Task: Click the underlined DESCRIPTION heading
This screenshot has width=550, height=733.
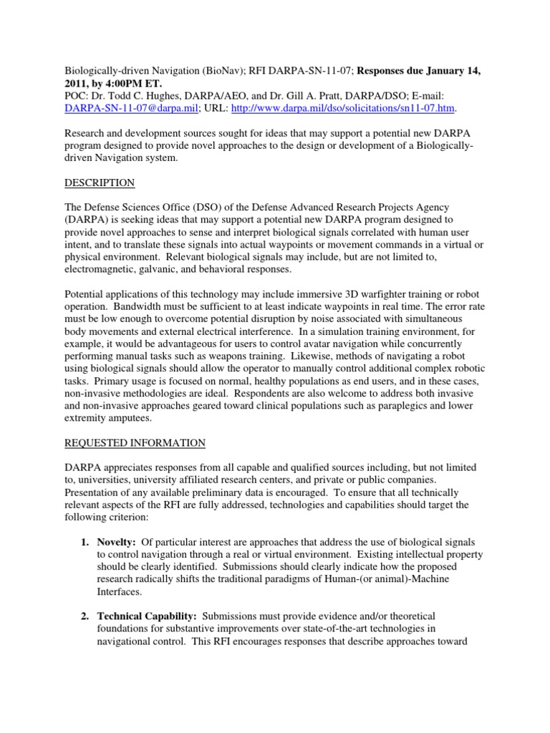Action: coord(100,183)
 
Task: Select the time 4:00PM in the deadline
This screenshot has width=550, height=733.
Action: coord(125,84)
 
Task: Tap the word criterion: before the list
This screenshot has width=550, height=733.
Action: coord(130,517)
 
